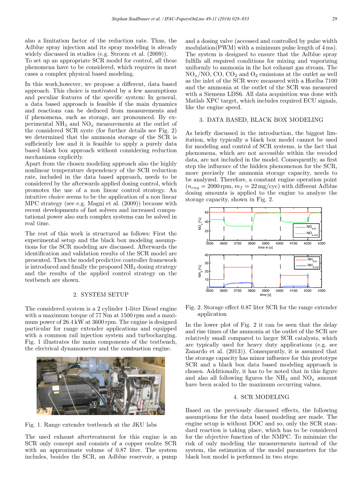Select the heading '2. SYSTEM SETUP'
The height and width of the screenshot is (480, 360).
pyautogui.click(x=101, y=294)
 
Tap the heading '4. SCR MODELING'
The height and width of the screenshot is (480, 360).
pyautogui.click(x=261, y=397)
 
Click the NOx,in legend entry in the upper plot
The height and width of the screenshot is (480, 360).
pyautogui.click(x=312, y=226)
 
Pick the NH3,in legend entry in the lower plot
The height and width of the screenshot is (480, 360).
pyautogui.click(x=313, y=259)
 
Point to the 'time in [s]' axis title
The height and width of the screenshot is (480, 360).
pyautogui.click(x=265, y=247)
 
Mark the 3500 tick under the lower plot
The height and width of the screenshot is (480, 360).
pyautogui.click(x=210, y=291)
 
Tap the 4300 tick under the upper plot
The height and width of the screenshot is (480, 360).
pyautogui.click(x=321, y=244)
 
